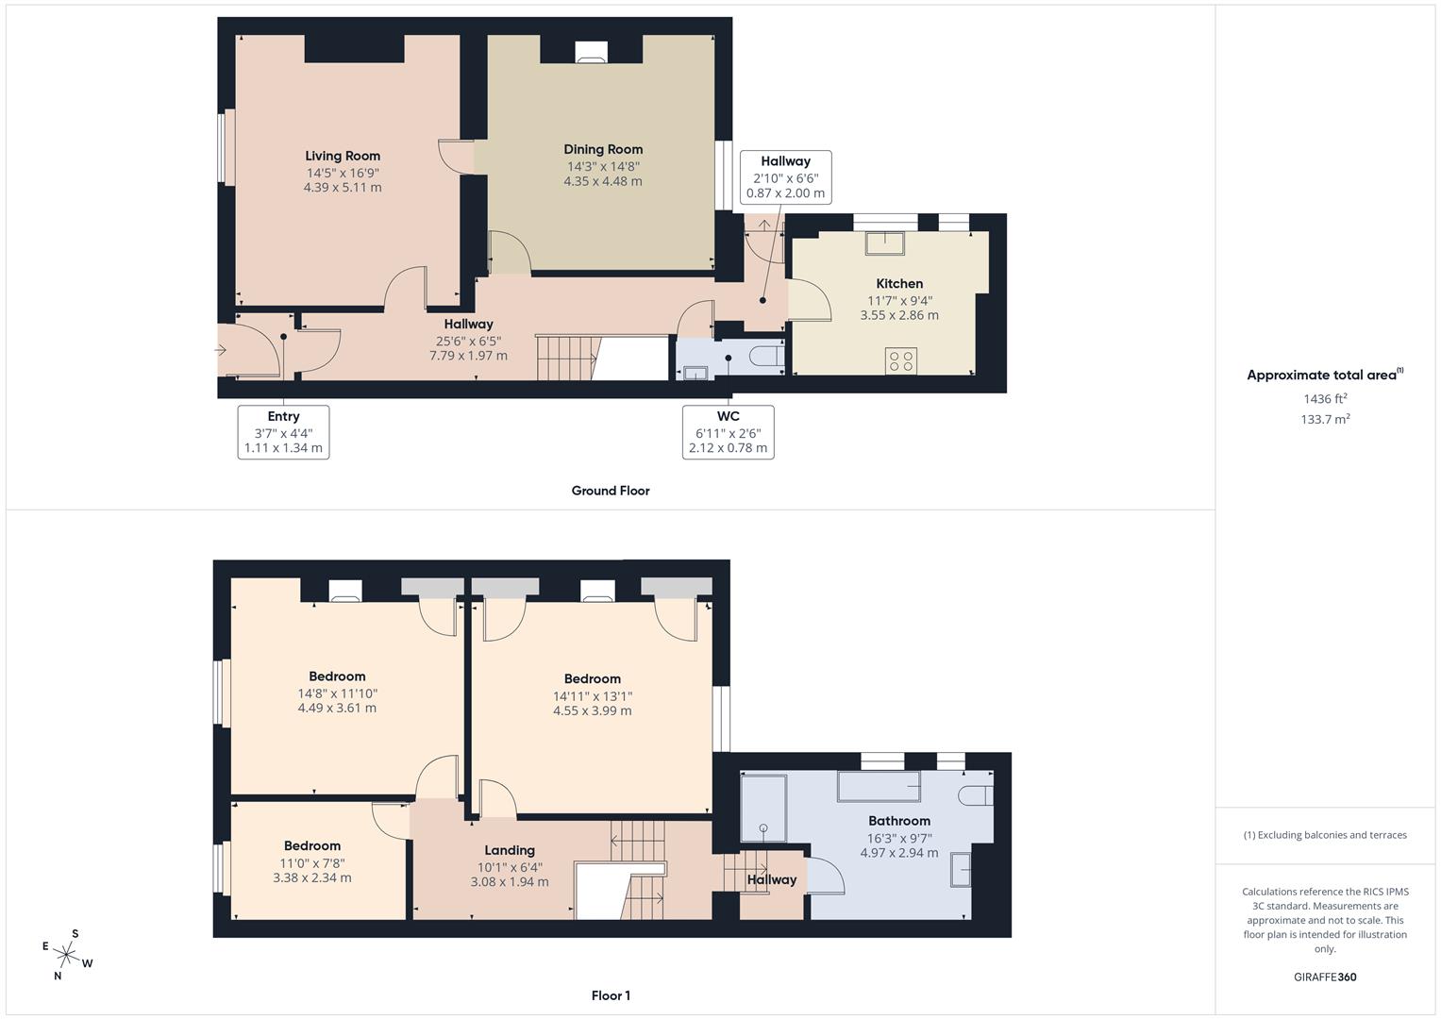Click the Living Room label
coord(343,157)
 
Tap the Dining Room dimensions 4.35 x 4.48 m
coord(602,181)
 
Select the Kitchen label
coord(899,284)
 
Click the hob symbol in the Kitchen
coord(901,360)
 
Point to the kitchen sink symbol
coord(884,242)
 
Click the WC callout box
coord(728,432)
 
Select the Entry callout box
coord(283,432)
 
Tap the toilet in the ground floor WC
coord(765,357)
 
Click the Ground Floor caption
coord(610,491)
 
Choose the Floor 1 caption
coord(610,995)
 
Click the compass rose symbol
coord(67,955)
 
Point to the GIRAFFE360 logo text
coord(1325,977)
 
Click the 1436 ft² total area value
coord(1325,398)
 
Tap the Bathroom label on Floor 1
coord(899,821)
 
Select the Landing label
coord(510,850)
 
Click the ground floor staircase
coord(567,358)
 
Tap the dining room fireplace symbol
coord(591,53)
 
